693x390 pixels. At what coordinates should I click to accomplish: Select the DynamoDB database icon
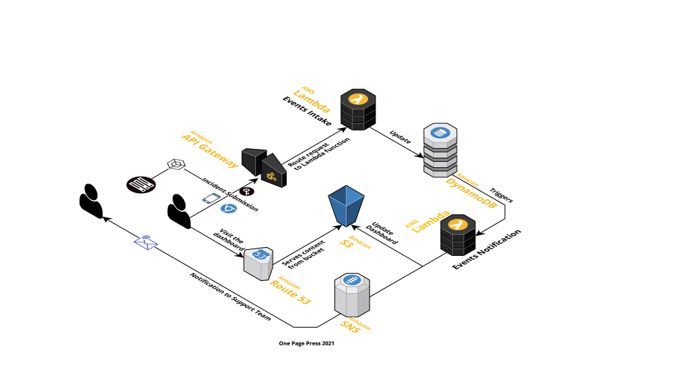pos(440,149)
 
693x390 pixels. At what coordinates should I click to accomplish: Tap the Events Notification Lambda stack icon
pos(457,234)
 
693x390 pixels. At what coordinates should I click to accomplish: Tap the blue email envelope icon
pos(146,242)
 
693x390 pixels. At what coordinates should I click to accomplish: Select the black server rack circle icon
pos(141,184)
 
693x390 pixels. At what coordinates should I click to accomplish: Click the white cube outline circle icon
pos(176,165)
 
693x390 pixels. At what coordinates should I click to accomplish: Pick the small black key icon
pos(246,192)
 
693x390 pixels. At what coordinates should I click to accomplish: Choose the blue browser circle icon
pos(229,209)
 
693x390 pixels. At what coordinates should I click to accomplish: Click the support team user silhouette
pos(91,201)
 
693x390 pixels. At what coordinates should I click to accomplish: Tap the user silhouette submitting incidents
pos(179,207)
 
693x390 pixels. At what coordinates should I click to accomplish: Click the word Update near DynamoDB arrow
pos(400,137)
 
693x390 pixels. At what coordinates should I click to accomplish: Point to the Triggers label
pos(501,195)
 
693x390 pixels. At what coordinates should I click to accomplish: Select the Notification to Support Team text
pos(230,296)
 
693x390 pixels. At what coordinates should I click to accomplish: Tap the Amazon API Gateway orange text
pos(210,149)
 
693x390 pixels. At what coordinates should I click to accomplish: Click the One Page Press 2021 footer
pos(307,343)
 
